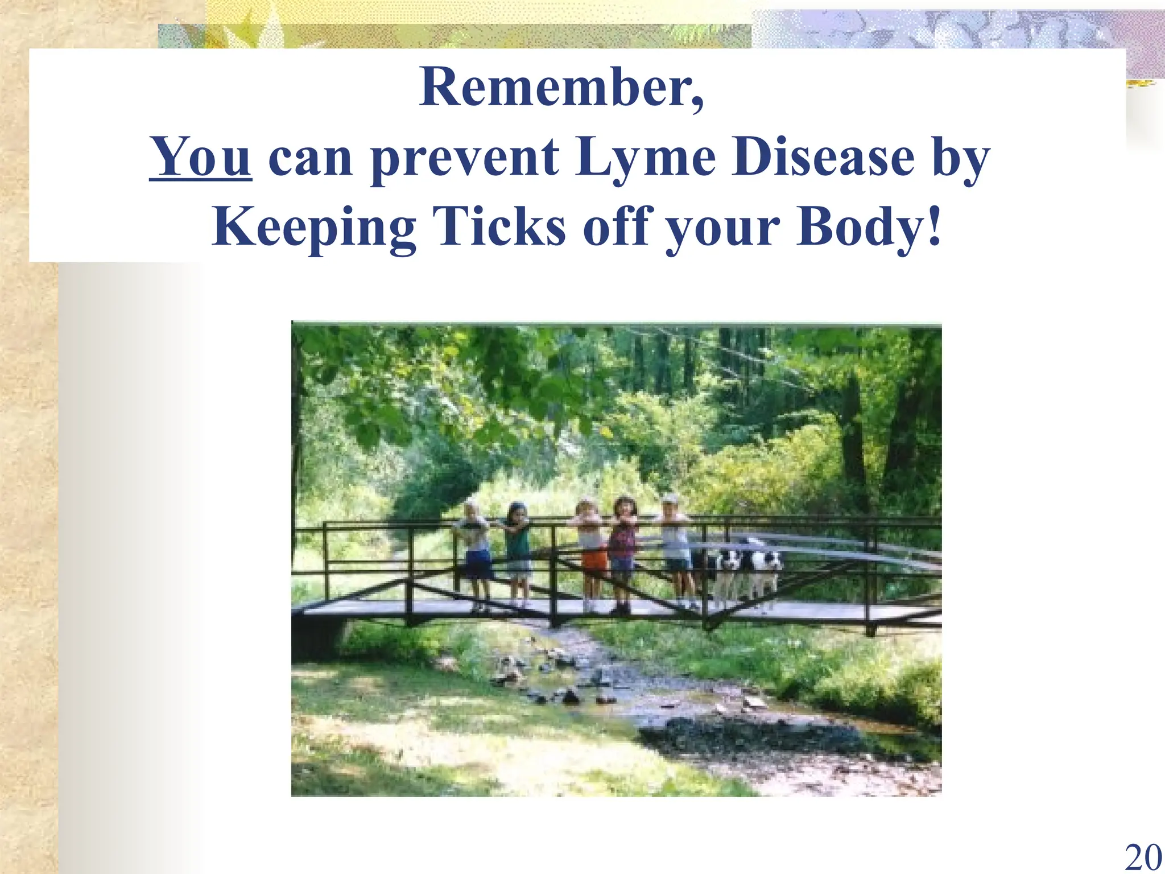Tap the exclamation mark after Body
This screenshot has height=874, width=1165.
tap(933, 226)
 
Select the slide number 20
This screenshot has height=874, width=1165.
tap(1143, 856)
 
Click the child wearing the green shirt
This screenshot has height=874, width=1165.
tap(518, 546)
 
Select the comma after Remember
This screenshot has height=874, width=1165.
tap(698, 102)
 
